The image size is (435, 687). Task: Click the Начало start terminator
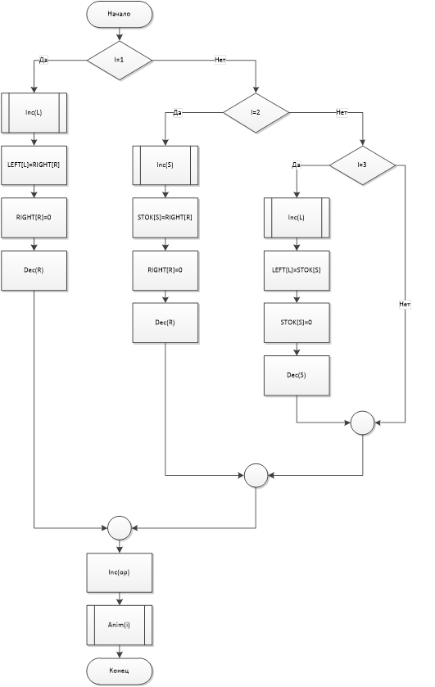[x=120, y=14]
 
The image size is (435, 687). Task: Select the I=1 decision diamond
[x=120, y=60]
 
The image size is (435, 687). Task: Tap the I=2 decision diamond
[x=256, y=113]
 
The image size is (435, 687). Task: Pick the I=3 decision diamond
[x=362, y=165]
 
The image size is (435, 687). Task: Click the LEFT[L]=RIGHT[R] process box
[x=34, y=165]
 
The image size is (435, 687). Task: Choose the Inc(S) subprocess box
[x=165, y=165]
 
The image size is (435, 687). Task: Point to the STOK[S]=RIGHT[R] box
[x=165, y=218]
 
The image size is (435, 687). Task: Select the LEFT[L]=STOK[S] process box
[x=297, y=270]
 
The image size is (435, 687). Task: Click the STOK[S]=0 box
[x=297, y=323]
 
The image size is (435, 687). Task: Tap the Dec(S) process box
[x=297, y=376]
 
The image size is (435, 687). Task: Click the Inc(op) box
[x=120, y=572]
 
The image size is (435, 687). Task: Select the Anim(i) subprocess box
[x=120, y=626]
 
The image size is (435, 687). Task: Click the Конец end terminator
[x=120, y=671]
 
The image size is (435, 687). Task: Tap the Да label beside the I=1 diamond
[x=43, y=60]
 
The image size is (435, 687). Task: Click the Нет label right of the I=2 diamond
[x=342, y=113]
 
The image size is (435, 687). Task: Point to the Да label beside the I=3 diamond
[x=297, y=165]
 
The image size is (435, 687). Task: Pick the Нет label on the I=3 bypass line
[x=405, y=304]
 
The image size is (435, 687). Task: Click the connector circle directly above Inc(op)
[x=120, y=528]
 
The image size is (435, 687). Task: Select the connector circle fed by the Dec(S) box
[x=363, y=423]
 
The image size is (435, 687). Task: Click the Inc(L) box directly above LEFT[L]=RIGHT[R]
[x=34, y=113]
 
